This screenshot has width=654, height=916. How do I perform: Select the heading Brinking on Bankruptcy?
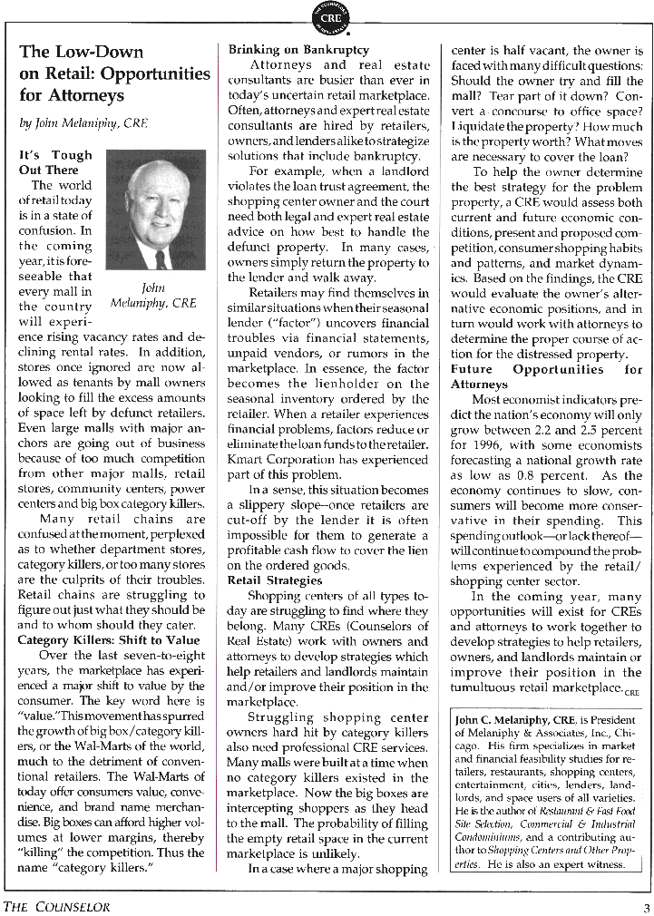(298, 50)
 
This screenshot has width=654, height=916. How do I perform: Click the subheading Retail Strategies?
(274, 580)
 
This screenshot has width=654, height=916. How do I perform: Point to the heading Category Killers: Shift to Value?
(109, 639)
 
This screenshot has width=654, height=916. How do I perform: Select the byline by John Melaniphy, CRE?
(83, 123)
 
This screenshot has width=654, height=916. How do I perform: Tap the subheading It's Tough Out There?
(54, 162)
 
